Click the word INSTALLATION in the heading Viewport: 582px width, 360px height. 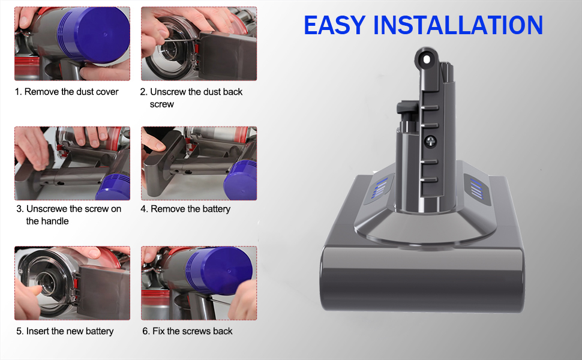(458, 25)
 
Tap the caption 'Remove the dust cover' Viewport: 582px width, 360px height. (71, 92)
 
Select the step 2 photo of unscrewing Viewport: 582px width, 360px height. (199, 44)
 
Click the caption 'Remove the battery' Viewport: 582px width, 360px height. (190, 209)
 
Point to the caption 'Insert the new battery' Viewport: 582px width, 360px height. (70, 331)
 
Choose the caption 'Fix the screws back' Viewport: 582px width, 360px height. (192, 331)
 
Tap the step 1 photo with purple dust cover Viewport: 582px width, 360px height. (72, 44)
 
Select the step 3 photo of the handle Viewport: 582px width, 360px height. (72, 163)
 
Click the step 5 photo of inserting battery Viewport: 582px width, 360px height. (72, 283)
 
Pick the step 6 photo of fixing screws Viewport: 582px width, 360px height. (199, 283)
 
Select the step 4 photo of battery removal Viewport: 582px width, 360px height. (199, 163)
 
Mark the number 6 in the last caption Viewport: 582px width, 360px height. (145, 331)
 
